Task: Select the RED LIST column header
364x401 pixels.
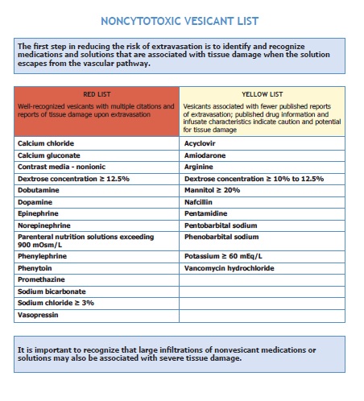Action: coord(97,94)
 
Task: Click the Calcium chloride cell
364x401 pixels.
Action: coord(46,143)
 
